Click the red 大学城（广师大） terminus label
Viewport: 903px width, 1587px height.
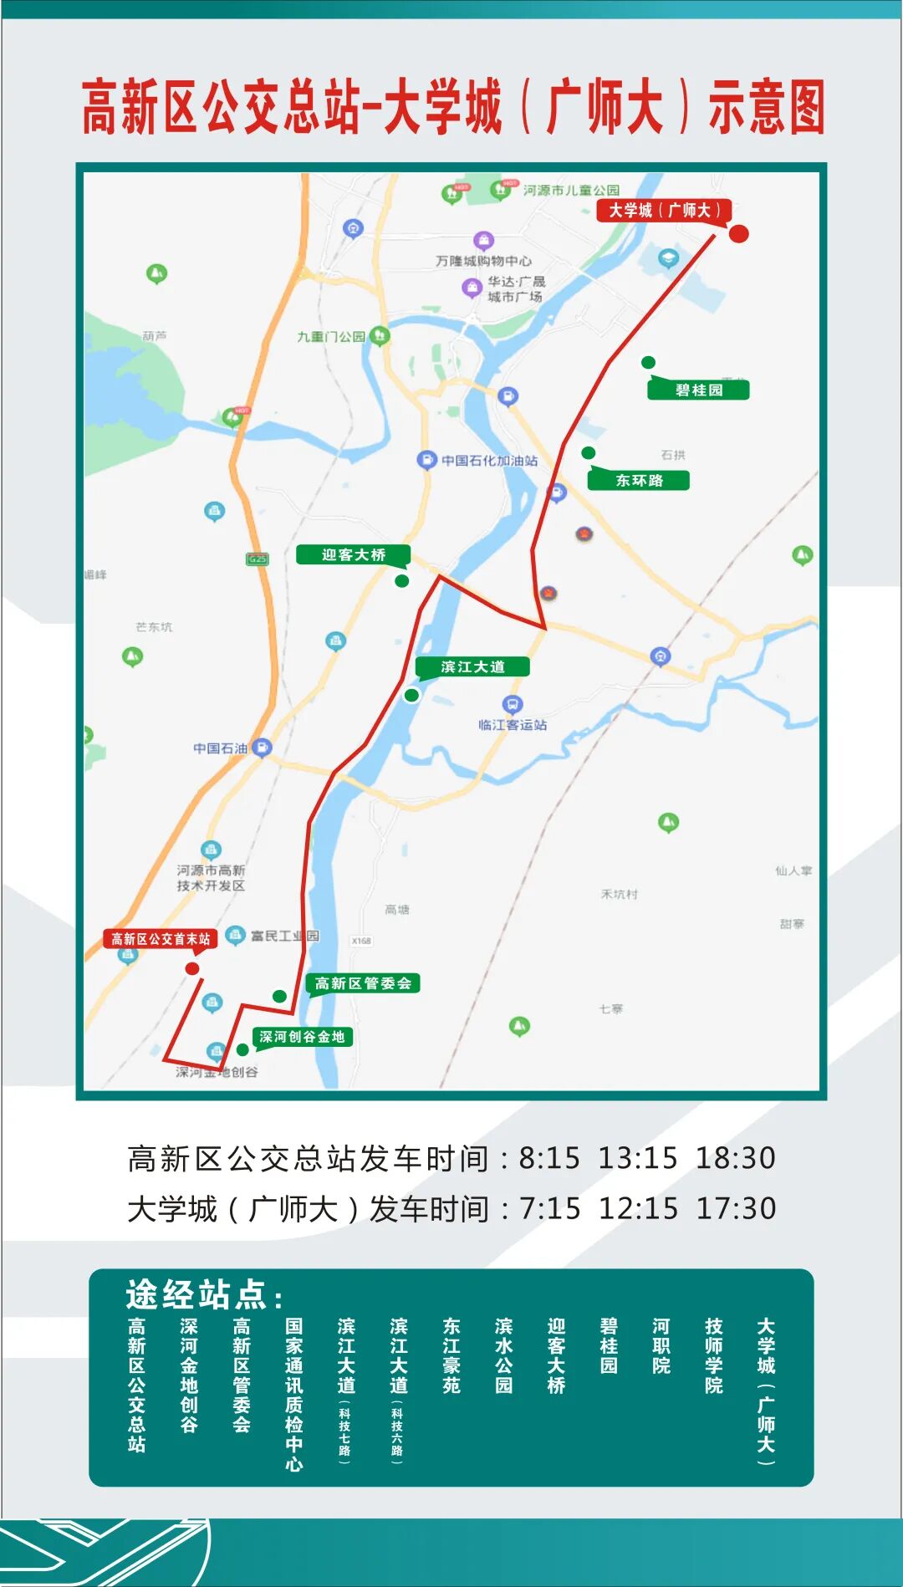[x=663, y=210]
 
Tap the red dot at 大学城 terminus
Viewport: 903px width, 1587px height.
[x=738, y=233]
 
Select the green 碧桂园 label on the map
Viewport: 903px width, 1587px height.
[x=699, y=390]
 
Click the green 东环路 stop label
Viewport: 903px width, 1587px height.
[x=639, y=480]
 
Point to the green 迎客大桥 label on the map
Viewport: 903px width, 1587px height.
[x=353, y=554]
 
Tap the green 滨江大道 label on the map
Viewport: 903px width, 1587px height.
[x=472, y=666]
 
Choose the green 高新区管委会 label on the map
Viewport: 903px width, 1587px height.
[x=363, y=983]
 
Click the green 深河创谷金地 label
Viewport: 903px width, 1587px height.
[x=302, y=1037]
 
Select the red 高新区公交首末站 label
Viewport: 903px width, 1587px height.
[x=160, y=939]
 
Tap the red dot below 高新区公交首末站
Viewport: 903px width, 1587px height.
[x=192, y=968]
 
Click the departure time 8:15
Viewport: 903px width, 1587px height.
[x=549, y=1158]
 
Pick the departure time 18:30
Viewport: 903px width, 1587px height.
[x=736, y=1158]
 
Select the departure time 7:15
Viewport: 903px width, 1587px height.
[x=550, y=1208]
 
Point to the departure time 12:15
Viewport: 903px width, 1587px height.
[x=639, y=1208]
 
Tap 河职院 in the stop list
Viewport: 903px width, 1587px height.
[x=661, y=1346]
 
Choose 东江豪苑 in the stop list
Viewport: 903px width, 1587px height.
[x=451, y=1356]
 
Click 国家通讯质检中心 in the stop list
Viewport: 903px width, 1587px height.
[x=293, y=1395]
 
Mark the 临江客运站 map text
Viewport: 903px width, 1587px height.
[x=513, y=725]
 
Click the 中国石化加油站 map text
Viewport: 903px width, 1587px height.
[x=489, y=461]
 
